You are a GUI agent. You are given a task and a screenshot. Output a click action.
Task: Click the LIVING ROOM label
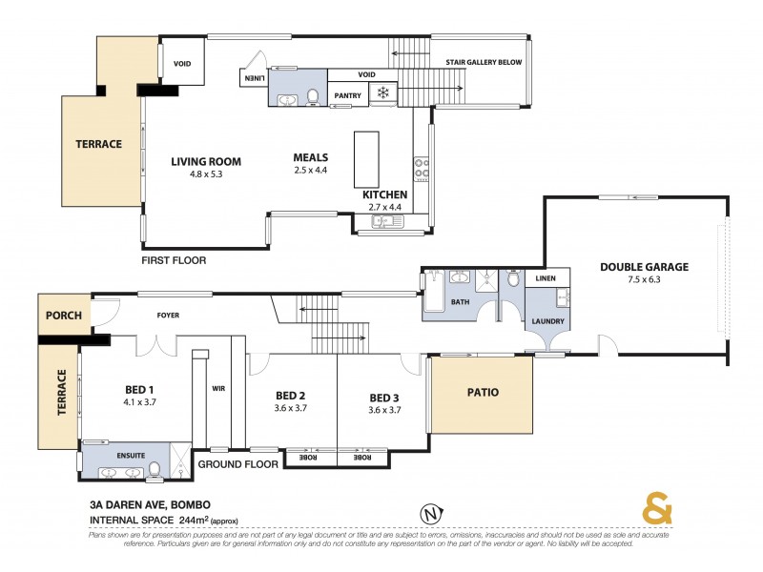[x=206, y=161]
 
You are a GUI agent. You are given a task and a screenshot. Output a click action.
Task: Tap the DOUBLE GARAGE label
[x=644, y=267]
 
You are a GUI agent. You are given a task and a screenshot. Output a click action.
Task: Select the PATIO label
[x=482, y=392]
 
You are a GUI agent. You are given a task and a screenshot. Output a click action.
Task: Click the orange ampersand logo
[x=657, y=510]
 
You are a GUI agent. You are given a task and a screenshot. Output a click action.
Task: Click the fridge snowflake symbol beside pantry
[x=383, y=92]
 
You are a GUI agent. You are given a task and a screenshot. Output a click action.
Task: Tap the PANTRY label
[x=347, y=95]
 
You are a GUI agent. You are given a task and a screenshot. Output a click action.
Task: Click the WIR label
[x=217, y=389]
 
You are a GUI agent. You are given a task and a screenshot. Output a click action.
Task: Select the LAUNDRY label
[x=549, y=321]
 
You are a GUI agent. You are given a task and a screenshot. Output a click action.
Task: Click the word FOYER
[x=168, y=316]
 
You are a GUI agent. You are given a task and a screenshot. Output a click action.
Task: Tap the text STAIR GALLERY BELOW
[x=483, y=63]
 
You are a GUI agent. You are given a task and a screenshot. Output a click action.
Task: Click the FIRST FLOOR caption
[x=174, y=259]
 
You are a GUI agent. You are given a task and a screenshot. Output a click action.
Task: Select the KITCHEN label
[x=385, y=194]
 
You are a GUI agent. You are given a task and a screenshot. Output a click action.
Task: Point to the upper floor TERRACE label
[x=99, y=145]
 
